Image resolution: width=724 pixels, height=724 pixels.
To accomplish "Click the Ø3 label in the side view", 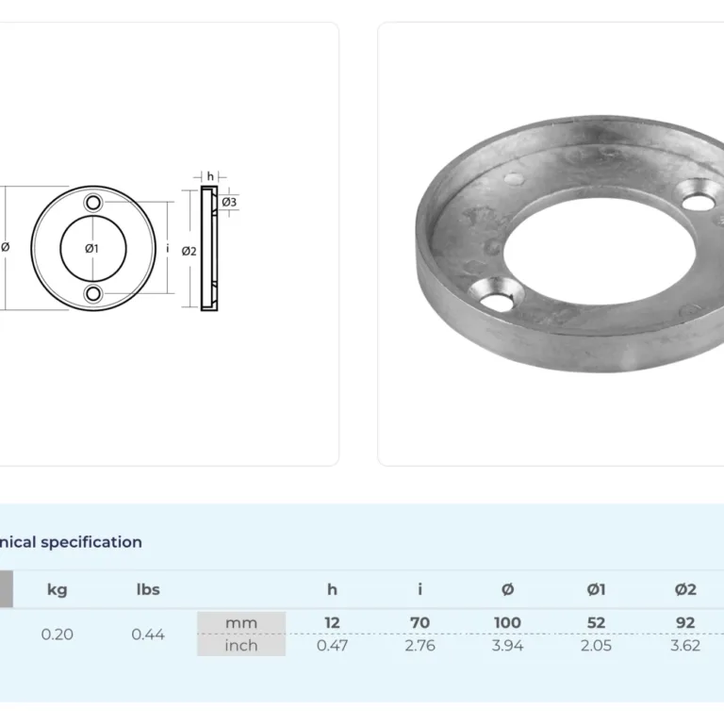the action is (x=229, y=202).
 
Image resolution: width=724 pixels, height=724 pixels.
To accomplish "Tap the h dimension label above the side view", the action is (x=210, y=176).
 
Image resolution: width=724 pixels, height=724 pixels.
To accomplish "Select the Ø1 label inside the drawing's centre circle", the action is (x=91, y=249).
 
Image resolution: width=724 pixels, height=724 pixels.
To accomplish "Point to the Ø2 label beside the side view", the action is (x=189, y=251).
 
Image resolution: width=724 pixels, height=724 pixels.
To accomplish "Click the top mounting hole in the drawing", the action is (x=93, y=203).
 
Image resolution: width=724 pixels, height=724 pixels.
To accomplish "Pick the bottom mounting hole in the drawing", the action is (x=93, y=294).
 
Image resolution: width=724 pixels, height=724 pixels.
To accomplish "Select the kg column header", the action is (x=58, y=589).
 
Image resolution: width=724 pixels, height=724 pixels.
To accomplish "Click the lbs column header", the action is (x=148, y=589).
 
